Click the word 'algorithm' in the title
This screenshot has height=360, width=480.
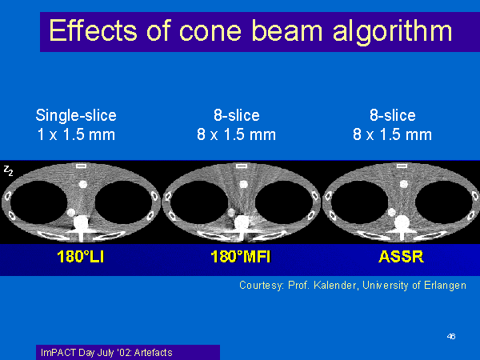pyautogui.click(x=393, y=31)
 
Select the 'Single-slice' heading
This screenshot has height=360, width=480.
pyautogui.click(x=76, y=115)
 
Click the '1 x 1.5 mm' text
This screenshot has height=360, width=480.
pyautogui.click(x=76, y=134)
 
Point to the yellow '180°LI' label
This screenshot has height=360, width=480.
pyautogui.click(x=81, y=257)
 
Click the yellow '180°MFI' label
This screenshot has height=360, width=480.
pyautogui.click(x=241, y=257)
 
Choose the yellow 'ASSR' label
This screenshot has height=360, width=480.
pyautogui.click(x=401, y=257)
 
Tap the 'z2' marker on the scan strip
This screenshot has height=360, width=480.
pyautogui.click(x=8, y=170)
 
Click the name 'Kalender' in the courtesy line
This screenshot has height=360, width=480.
pyautogui.click(x=335, y=286)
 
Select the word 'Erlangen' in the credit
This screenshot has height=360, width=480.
pyautogui.click(x=445, y=286)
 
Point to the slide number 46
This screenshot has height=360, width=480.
pyautogui.click(x=451, y=337)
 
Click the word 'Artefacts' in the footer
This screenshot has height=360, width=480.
pyautogui.click(x=153, y=353)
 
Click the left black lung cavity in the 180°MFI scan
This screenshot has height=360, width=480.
pyautogui.click(x=199, y=202)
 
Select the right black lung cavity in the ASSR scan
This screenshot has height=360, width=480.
pyautogui.click(x=444, y=202)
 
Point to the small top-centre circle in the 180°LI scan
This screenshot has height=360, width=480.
pyautogui.click(x=82, y=184)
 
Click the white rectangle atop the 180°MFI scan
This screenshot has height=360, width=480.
pyautogui.click(x=242, y=166)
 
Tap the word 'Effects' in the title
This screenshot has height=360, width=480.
pyautogui.click(x=93, y=30)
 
